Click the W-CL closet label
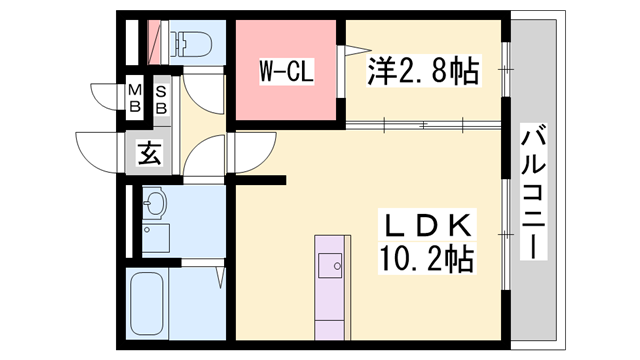[x=288, y=72]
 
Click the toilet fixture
[x=190, y=43]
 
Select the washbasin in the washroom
[x=154, y=206]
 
